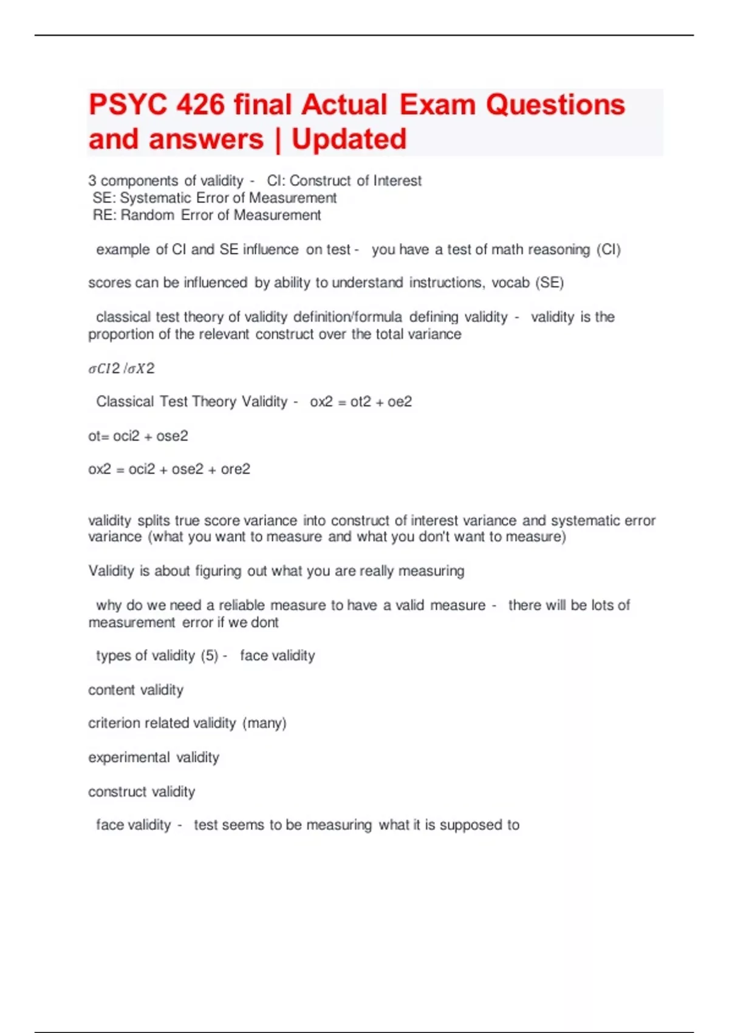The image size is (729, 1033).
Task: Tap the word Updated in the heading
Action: point(349,139)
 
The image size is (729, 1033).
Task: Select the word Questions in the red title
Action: point(555,105)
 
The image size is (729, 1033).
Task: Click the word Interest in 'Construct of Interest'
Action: point(397,181)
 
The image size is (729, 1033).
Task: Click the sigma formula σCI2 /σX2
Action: point(122,369)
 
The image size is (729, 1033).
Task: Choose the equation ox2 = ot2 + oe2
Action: point(361,402)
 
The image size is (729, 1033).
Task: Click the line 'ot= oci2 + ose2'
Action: point(138,436)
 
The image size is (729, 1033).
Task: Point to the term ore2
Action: point(236,469)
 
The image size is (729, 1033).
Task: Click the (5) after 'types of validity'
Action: point(210,656)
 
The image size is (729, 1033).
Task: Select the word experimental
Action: point(129,758)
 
